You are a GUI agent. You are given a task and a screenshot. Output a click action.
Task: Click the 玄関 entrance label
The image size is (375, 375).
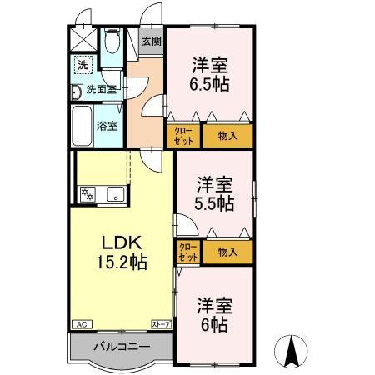pyautogui.click(x=151, y=42)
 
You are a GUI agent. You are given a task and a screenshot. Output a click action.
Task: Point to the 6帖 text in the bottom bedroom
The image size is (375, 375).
pyautogui.click(x=214, y=323)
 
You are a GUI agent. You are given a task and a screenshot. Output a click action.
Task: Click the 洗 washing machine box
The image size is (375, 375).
pyautogui.click(x=82, y=65)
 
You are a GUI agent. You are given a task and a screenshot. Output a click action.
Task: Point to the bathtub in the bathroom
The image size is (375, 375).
pyautogui.click(x=82, y=125)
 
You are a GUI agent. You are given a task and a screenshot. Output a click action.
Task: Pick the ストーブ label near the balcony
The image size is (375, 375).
pyautogui.click(x=160, y=323)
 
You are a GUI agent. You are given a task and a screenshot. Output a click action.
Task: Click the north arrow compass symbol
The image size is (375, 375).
pyautogui.click(x=292, y=350)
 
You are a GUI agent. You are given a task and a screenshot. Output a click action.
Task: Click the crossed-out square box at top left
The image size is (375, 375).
pyautogui.click(x=81, y=38)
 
